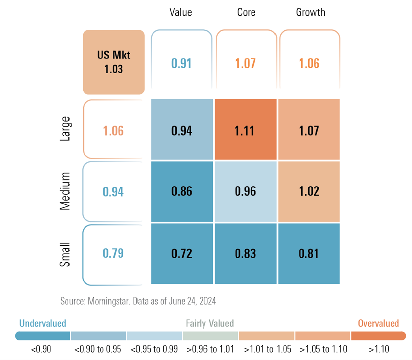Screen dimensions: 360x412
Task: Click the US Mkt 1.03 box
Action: tap(114, 62)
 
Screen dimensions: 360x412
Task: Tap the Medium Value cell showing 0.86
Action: tap(182, 192)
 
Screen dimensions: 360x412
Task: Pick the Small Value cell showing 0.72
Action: tap(182, 253)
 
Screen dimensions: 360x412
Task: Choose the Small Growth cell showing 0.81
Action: tap(308, 253)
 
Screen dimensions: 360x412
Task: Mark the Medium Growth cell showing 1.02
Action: tap(308, 192)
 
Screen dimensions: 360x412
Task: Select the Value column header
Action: tap(181, 12)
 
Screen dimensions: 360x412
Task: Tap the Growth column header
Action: tap(310, 12)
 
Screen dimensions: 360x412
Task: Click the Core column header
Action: tap(246, 12)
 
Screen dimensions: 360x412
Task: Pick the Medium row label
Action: tap(65, 192)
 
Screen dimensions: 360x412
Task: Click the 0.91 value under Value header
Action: tap(182, 63)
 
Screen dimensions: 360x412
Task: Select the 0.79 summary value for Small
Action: tap(113, 253)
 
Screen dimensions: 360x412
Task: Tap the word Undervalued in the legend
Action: tap(43, 323)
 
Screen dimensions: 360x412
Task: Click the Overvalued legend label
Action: tap(378, 323)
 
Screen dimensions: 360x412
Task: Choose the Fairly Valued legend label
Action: tap(210, 323)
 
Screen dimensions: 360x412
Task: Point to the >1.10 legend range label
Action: tap(378, 348)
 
